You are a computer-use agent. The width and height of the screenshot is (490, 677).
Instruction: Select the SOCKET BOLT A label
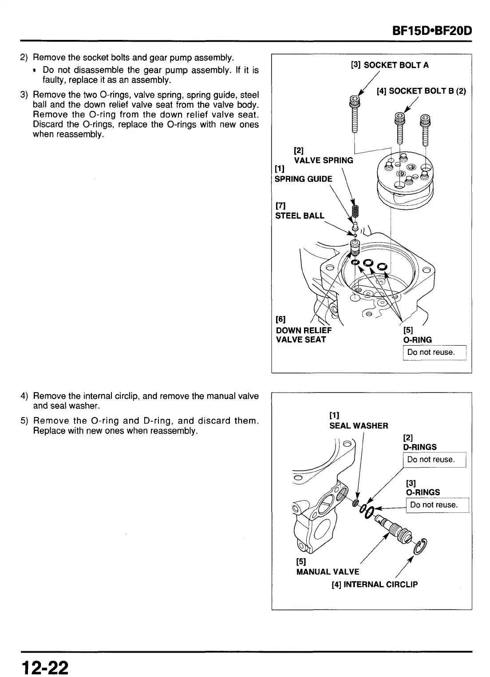(390, 65)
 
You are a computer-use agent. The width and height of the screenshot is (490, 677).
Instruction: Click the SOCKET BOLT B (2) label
(421, 91)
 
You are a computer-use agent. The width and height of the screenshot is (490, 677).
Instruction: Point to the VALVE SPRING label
(324, 160)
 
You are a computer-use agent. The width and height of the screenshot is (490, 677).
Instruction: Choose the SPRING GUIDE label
(303, 179)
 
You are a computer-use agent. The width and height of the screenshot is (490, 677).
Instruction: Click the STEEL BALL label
(300, 216)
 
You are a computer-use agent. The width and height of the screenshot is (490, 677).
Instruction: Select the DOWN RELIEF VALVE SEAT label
(304, 335)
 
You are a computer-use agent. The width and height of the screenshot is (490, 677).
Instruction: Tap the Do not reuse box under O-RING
(434, 352)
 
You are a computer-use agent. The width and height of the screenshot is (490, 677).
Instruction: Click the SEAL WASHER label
(359, 425)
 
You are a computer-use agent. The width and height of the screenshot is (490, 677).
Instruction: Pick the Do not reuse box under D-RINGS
(434, 460)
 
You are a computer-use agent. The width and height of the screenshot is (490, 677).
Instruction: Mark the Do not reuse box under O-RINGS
(437, 505)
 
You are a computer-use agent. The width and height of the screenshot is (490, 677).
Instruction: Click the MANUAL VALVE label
(328, 572)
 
